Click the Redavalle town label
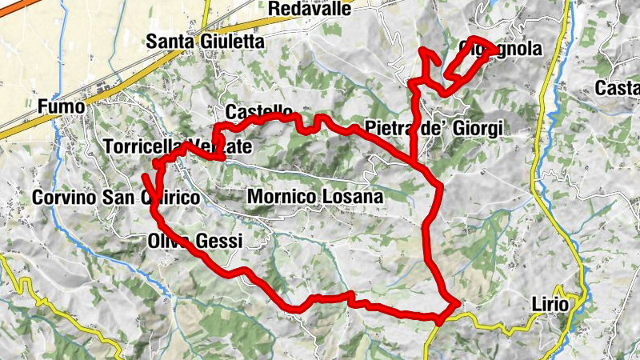(311, 9)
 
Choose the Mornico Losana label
(316, 196)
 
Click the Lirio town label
(550, 305)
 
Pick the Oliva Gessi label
(194, 240)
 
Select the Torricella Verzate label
(178, 147)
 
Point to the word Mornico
(281, 196)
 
